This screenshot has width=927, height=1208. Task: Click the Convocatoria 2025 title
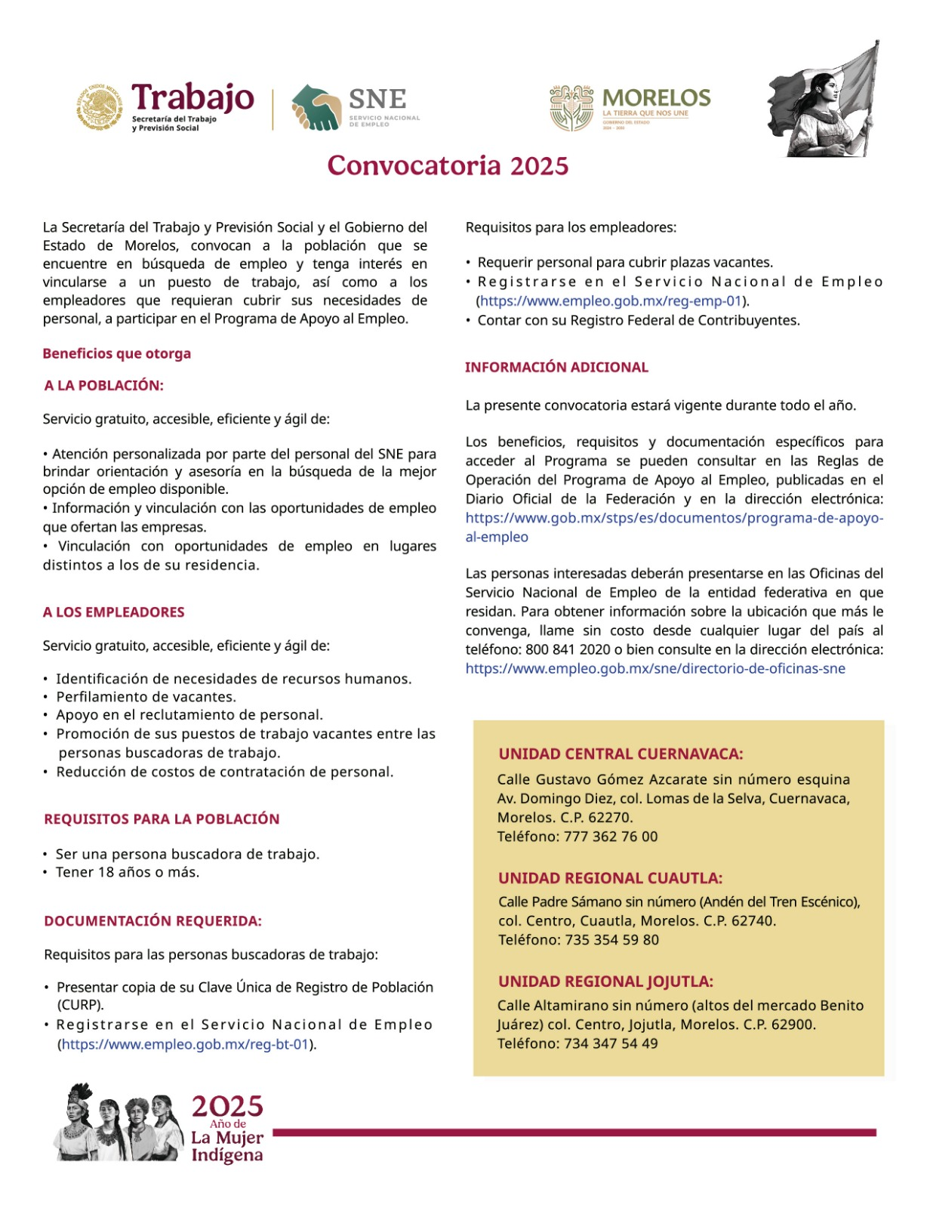[x=448, y=165]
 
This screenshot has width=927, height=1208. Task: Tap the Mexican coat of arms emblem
[x=99, y=106]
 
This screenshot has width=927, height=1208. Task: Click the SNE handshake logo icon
[x=316, y=107]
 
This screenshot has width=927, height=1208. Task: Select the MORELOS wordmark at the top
[x=656, y=98]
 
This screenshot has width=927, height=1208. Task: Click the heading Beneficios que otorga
[x=117, y=353]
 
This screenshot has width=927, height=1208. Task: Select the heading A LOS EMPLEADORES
[x=114, y=612]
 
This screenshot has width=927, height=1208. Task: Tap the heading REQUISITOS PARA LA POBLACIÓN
[x=162, y=819]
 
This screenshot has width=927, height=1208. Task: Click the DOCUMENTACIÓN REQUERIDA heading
[x=153, y=921]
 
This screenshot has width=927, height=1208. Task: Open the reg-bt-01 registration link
[x=186, y=1044]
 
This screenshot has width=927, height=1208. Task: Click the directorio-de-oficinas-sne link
[x=655, y=668]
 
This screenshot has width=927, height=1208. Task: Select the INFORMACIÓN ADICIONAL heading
[x=556, y=368]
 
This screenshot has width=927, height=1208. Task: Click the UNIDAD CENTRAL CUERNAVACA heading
[x=621, y=753]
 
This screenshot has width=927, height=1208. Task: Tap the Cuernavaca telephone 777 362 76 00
[x=611, y=837]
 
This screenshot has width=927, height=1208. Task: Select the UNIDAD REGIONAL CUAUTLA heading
[x=610, y=878]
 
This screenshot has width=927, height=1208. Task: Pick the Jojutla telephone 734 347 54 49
[x=611, y=1043]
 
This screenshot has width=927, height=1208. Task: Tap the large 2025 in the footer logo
[x=227, y=1107]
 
